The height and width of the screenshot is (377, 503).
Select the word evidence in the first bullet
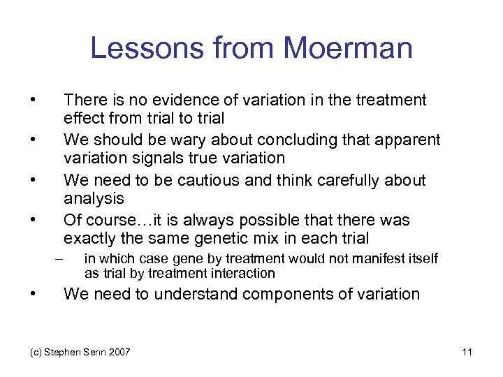tap(162, 101)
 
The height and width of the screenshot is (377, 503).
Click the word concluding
tap(299, 140)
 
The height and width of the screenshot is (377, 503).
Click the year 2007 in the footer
tap(118, 351)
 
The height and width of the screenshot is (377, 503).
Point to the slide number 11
tap(467, 351)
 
